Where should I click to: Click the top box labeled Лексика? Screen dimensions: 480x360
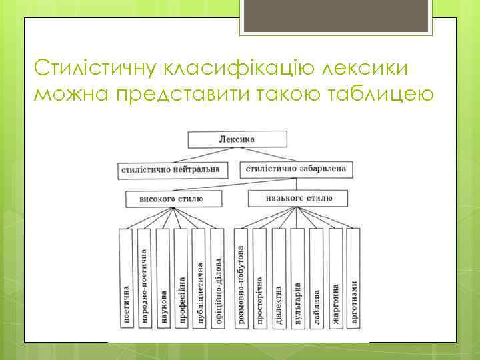pyautogui.click(x=237, y=140)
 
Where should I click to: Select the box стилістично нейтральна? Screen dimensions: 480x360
pyautogui.click(x=170, y=169)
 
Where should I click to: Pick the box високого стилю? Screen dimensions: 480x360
pyautogui.click(x=172, y=199)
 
